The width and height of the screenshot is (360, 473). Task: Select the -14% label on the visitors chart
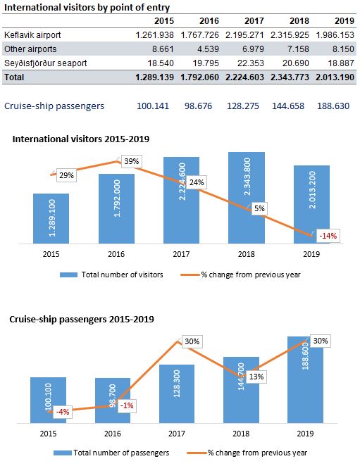[329, 236]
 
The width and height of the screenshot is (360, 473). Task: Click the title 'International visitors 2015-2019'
[80, 139]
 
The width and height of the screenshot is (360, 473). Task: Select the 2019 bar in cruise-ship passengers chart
[306, 380]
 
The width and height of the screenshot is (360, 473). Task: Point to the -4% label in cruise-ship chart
[61, 412]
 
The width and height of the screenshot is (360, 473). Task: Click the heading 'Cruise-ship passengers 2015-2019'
[82, 319]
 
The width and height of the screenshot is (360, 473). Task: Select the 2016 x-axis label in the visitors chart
[116, 253]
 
